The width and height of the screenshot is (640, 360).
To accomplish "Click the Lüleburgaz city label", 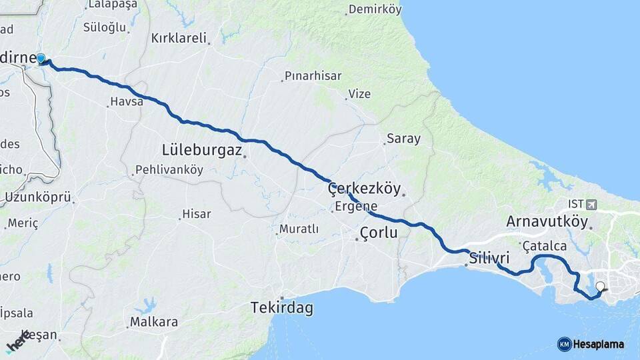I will tap(201, 149).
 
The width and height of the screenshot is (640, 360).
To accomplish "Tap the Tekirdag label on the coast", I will tap(281, 308).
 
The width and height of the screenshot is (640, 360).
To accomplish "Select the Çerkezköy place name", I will tap(364, 189).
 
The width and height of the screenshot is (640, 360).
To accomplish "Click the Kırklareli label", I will tap(179, 38).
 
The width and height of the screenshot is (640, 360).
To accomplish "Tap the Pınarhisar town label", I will tap(313, 76).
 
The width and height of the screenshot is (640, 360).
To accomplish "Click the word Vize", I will tap(359, 94).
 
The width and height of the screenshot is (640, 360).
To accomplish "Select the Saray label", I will tap(403, 139).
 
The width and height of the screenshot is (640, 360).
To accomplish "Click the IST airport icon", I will tap(592, 203).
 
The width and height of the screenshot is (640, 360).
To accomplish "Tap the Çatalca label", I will tap(544, 246).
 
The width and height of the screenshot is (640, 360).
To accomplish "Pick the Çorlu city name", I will tap(378, 233).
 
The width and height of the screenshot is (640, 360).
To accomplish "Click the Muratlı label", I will tap(297, 229).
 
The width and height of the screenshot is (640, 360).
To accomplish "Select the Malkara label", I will tap(153, 322).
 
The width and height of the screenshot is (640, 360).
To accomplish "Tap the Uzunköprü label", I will tap(37, 197).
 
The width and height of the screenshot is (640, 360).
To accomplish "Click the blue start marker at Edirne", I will tap(41, 59).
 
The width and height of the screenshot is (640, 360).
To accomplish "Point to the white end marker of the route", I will tap(600, 287).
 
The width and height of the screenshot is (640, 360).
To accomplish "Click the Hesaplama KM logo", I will tap(591, 344).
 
